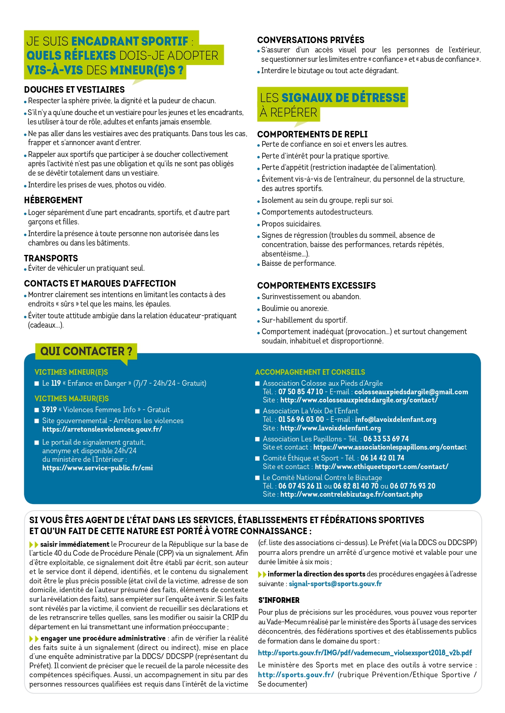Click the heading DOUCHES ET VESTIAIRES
click(x=74, y=90)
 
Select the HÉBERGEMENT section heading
click(x=53, y=200)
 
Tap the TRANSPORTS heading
click(x=51, y=259)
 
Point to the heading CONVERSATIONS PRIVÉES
click(x=310, y=40)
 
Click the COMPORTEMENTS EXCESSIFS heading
click(x=316, y=286)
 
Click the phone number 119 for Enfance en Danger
click(x=56, y=383)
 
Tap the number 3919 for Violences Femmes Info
click(x=49, y=410)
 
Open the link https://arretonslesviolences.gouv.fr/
click(x=102, y=429)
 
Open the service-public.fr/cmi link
click(x=97, y=468)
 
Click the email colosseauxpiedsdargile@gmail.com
click(x=411, y=392)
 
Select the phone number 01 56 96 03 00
click(x=301, y=420)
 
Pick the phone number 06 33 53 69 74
click(x=386, y=439)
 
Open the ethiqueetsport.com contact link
click(x=381, y=467)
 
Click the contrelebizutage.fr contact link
click(x=351, y=494)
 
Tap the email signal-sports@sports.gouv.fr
click(x=335, y=584)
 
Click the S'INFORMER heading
click(x=279, y=600)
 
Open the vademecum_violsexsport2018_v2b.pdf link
click(x=365, y=653)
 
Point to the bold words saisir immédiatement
click(x=74, y=544)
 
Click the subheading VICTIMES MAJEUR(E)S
click(x=72, y=399)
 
